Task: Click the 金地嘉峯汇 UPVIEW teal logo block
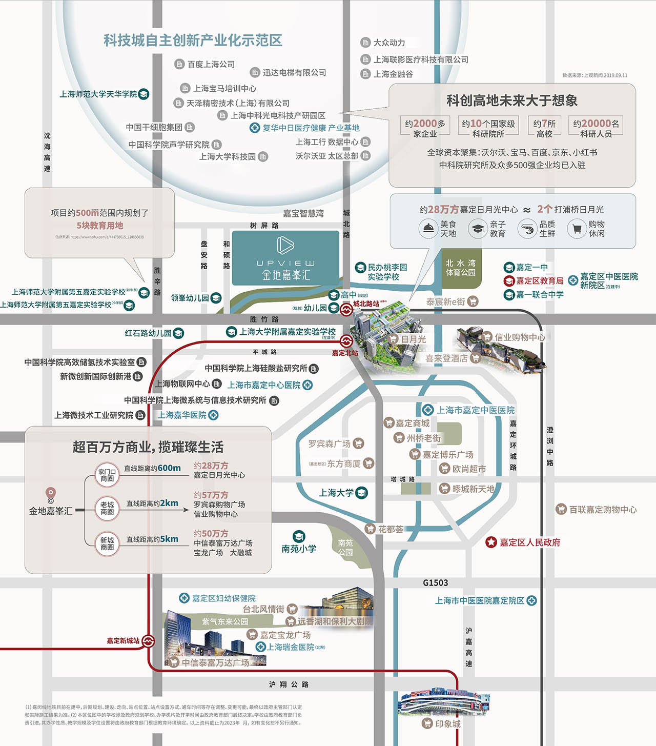[285, 258]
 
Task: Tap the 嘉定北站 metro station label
[345, 353]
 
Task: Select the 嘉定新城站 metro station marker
[148, 640]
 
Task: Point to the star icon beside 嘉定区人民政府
[491, 542]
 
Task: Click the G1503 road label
[435, 583]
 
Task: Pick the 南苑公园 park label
[345, 548]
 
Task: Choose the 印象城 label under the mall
[447, 723]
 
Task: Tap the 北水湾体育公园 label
[460, 268]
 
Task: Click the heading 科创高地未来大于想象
[511, 100]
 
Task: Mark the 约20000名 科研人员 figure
[596, 128]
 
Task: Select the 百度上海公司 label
[211, 64]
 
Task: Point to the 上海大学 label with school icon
[336, 493]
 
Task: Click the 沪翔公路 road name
[289, 684]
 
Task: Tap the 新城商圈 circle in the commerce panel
[107, 543]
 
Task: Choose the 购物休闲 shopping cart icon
[577, 229]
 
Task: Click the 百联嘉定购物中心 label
[602, 510]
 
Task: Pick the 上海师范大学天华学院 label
[98, 94]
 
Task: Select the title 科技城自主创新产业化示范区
[193, 41]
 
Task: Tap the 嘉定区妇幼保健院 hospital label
[223, 598]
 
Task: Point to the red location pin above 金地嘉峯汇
[50, 493]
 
